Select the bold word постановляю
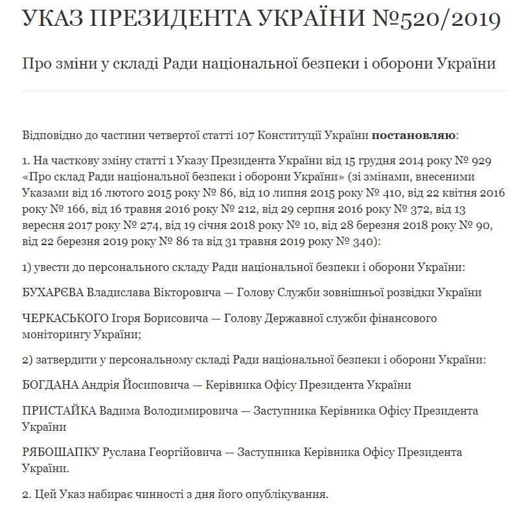click(415, 136)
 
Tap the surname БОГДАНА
click(50, 385)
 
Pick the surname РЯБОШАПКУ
click(61, 453)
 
